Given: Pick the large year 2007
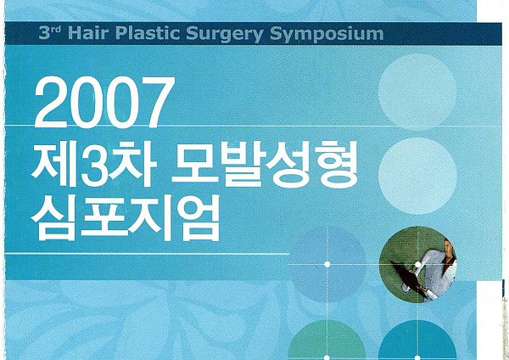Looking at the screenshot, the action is [x=103, y=102].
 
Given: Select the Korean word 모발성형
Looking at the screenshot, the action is [x=266, y=163].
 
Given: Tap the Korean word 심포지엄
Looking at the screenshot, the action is [x=125, y=218].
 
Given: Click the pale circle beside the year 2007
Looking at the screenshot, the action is [x=417, y=92].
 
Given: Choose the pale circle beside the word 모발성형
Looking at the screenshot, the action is [x=417, y=176].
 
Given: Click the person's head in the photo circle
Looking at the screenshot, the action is [x=450, y=248].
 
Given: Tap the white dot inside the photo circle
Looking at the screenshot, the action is [x=417, y=265].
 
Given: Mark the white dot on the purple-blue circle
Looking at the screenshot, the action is [x=327, y=264].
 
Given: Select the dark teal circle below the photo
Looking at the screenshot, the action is [x=417, y=340].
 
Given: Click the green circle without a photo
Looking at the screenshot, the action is [x=327, y=340].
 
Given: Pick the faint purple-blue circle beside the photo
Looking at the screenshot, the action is [x=327, y=264].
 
